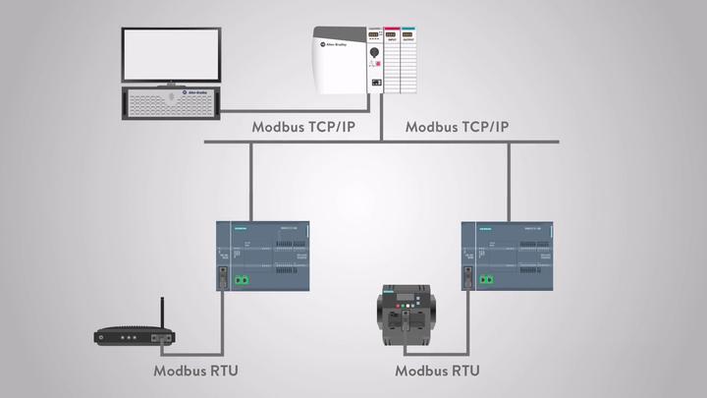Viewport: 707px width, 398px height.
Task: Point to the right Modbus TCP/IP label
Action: (457, 127)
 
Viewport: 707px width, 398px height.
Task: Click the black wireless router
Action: (135, 336)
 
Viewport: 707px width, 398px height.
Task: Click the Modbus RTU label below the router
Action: (195, 371)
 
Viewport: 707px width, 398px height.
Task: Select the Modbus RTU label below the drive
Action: (437, 371)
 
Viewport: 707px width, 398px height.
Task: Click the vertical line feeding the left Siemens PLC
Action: (251, 182)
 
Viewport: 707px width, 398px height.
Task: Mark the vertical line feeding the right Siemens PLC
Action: (508, 182)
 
